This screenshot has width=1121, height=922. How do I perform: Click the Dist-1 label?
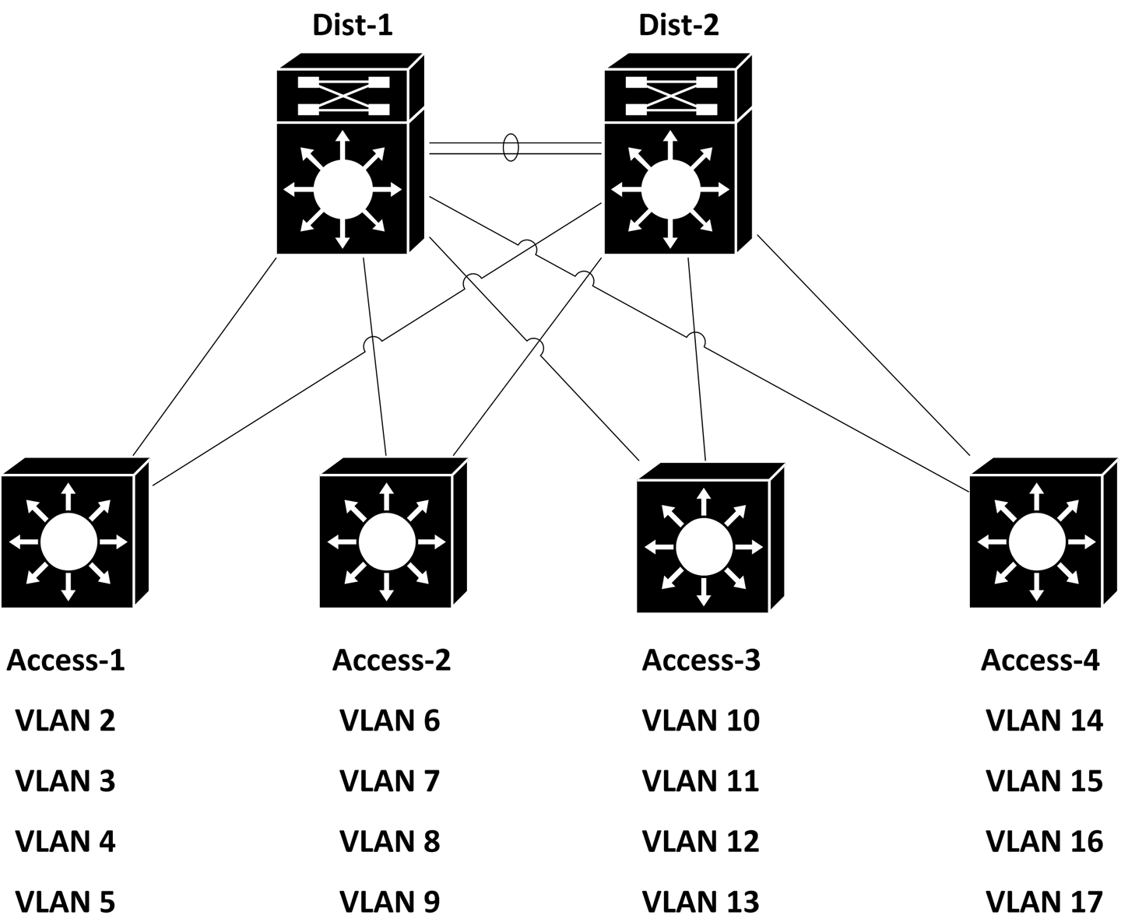tap(352, 25)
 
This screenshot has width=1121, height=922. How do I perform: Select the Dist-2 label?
tap(678, 25)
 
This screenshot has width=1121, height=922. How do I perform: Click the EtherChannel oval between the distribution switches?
tap(511, 148)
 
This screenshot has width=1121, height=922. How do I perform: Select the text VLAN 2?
tap(65, 720)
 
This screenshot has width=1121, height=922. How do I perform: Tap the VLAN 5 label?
tap(65, 902)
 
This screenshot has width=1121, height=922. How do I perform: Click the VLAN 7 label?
tap(389, 780)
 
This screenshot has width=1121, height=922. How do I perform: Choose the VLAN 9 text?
tap(389, 902)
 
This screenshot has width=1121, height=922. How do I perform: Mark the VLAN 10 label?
tap(701, 720)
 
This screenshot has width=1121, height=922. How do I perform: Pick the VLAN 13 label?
tap(701, 902)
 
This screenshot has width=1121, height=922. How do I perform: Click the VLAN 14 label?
tap(1044, 720)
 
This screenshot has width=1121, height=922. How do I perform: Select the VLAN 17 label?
tap(1044, 902)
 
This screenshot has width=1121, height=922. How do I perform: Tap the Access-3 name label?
tap(701, 661)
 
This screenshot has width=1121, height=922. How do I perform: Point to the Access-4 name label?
tap(1040, 661)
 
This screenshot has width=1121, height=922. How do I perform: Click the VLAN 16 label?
tap(1044, 841)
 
